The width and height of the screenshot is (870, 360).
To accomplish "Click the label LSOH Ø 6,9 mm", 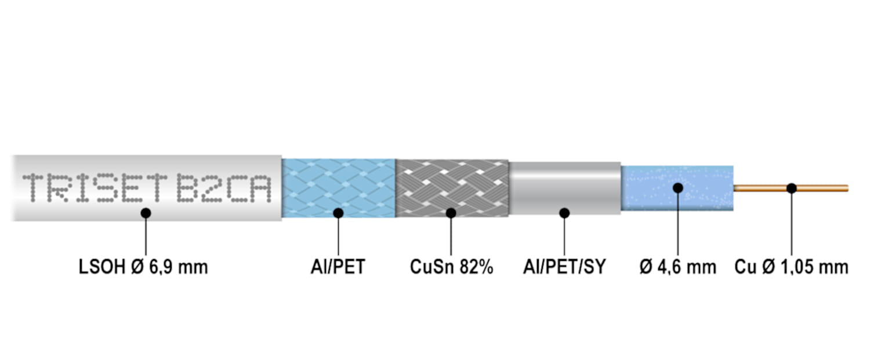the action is (143, 267).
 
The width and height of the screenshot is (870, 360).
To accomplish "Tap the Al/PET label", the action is (338, 267).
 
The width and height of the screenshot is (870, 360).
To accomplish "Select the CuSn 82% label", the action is (451, 267).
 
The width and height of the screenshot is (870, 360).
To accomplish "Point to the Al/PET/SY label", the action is (564, 267).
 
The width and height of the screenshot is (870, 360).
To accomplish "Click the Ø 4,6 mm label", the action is (678, 267).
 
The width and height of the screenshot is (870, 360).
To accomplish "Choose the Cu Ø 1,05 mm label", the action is (791, 267).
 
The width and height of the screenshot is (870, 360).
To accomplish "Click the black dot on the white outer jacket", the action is (146, 213).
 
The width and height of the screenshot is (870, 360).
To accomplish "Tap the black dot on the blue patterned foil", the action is (338, 213).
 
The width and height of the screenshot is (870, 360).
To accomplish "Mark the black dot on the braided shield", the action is (451, 213).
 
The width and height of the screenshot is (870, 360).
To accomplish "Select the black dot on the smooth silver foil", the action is (564, 213).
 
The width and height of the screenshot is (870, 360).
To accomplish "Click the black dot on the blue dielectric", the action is (678, 188).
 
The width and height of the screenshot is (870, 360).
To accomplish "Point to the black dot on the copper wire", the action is (792, 188).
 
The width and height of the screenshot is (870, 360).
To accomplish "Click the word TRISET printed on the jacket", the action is (95, 188).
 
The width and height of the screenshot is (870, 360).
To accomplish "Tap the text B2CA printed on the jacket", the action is (224, 188).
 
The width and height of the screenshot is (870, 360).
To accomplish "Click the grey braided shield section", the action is (452, 188).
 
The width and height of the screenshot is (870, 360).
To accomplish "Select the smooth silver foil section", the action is (565, 188).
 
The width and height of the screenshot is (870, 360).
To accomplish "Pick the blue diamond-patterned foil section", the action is (339, 188).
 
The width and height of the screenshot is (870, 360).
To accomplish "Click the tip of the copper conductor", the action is (848, 188).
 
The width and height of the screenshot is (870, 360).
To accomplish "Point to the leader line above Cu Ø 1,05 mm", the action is (792, 224).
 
